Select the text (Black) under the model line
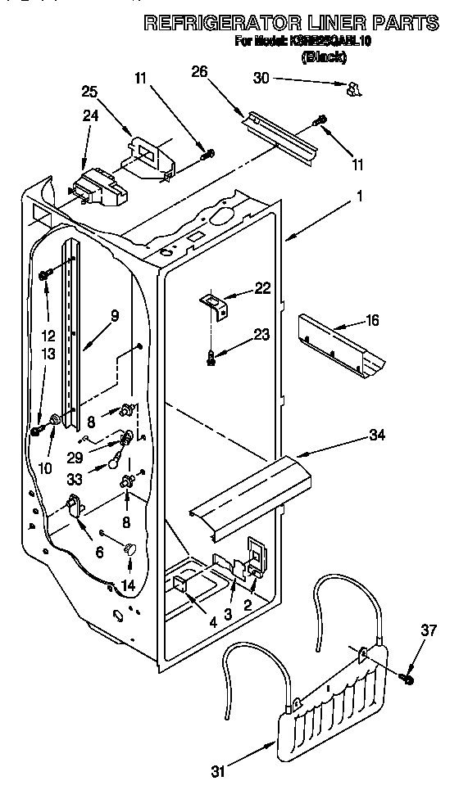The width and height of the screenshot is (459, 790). [324, 56]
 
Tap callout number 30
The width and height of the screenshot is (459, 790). [261, 79]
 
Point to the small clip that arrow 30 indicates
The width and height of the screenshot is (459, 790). [355, 89]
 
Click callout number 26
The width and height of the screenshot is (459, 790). [200, 71]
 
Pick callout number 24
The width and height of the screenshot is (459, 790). [90, 116]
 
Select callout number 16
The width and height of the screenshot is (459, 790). [373, 320]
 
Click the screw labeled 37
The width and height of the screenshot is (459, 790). [406, 679]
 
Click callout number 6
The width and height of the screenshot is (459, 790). [99, 553]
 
